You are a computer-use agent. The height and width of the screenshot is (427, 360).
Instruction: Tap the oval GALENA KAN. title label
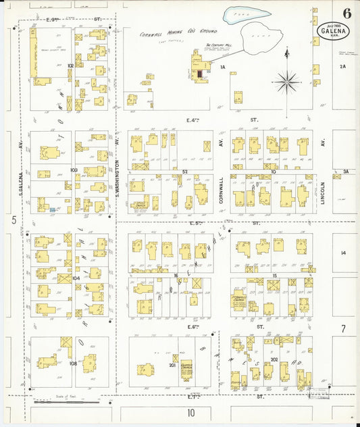[331, 32]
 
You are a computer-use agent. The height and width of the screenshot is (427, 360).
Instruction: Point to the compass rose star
[288, 82]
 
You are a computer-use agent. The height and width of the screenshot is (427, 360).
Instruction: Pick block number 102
[70, 66]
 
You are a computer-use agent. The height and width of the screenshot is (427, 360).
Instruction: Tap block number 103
[74, 170]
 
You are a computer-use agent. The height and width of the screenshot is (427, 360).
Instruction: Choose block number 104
[76, 278]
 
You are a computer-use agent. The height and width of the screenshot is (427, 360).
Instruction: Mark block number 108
[73, 363]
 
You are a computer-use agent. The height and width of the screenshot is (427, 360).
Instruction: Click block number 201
[173, 366]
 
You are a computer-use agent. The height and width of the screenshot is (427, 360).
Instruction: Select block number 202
[274, 359]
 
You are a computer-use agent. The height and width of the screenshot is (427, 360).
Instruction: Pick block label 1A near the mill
[222, 68]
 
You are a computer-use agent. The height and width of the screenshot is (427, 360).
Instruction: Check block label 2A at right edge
[343, 66]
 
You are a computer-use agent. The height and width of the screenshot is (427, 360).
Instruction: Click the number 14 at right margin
[343, 253]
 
